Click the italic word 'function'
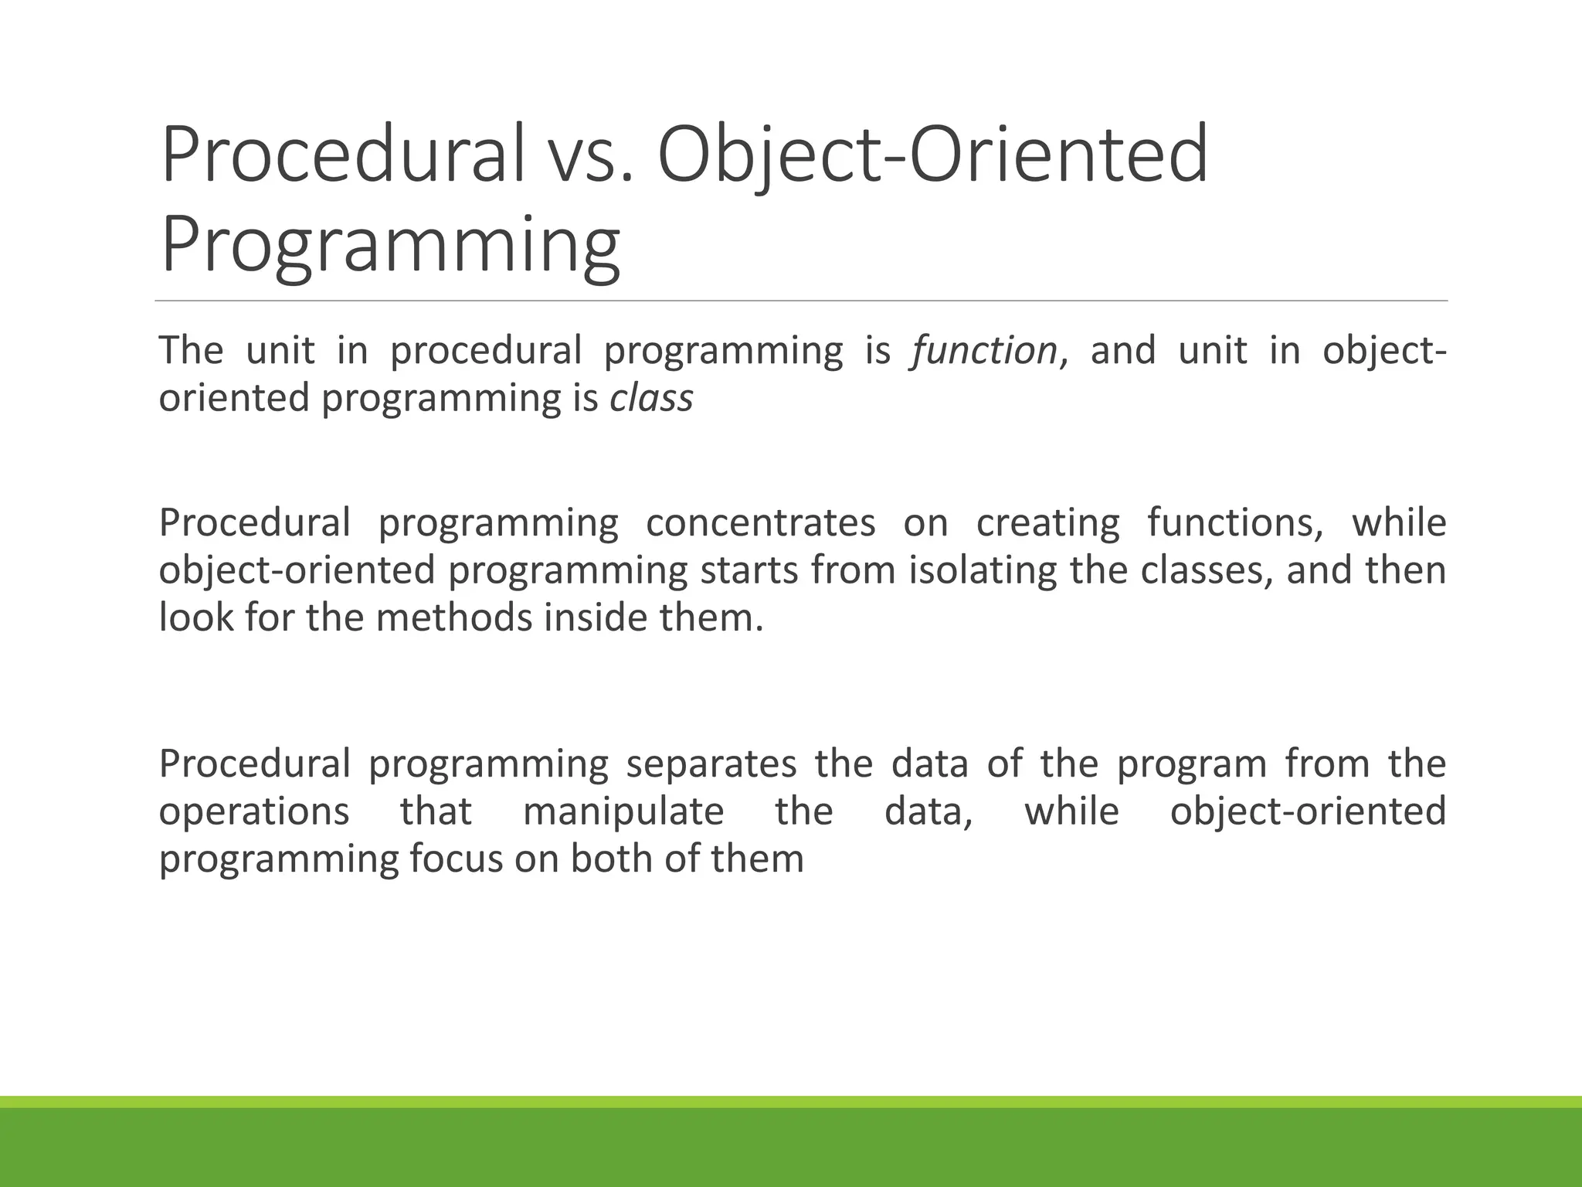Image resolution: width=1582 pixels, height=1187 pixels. pos(984,351)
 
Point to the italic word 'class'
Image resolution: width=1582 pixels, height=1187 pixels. pos(651,399)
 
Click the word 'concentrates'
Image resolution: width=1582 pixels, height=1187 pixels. pos(760,522)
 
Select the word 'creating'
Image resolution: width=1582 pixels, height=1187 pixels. pos(1047,522)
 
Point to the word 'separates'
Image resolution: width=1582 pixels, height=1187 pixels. pos(711,764)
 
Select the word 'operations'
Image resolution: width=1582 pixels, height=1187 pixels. pos(254,811)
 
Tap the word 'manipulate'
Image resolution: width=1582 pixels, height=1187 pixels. pos(623,811)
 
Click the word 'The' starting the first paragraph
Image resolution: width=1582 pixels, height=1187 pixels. pos(191,351)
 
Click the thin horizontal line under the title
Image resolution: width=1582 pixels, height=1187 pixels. pos(801,301)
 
